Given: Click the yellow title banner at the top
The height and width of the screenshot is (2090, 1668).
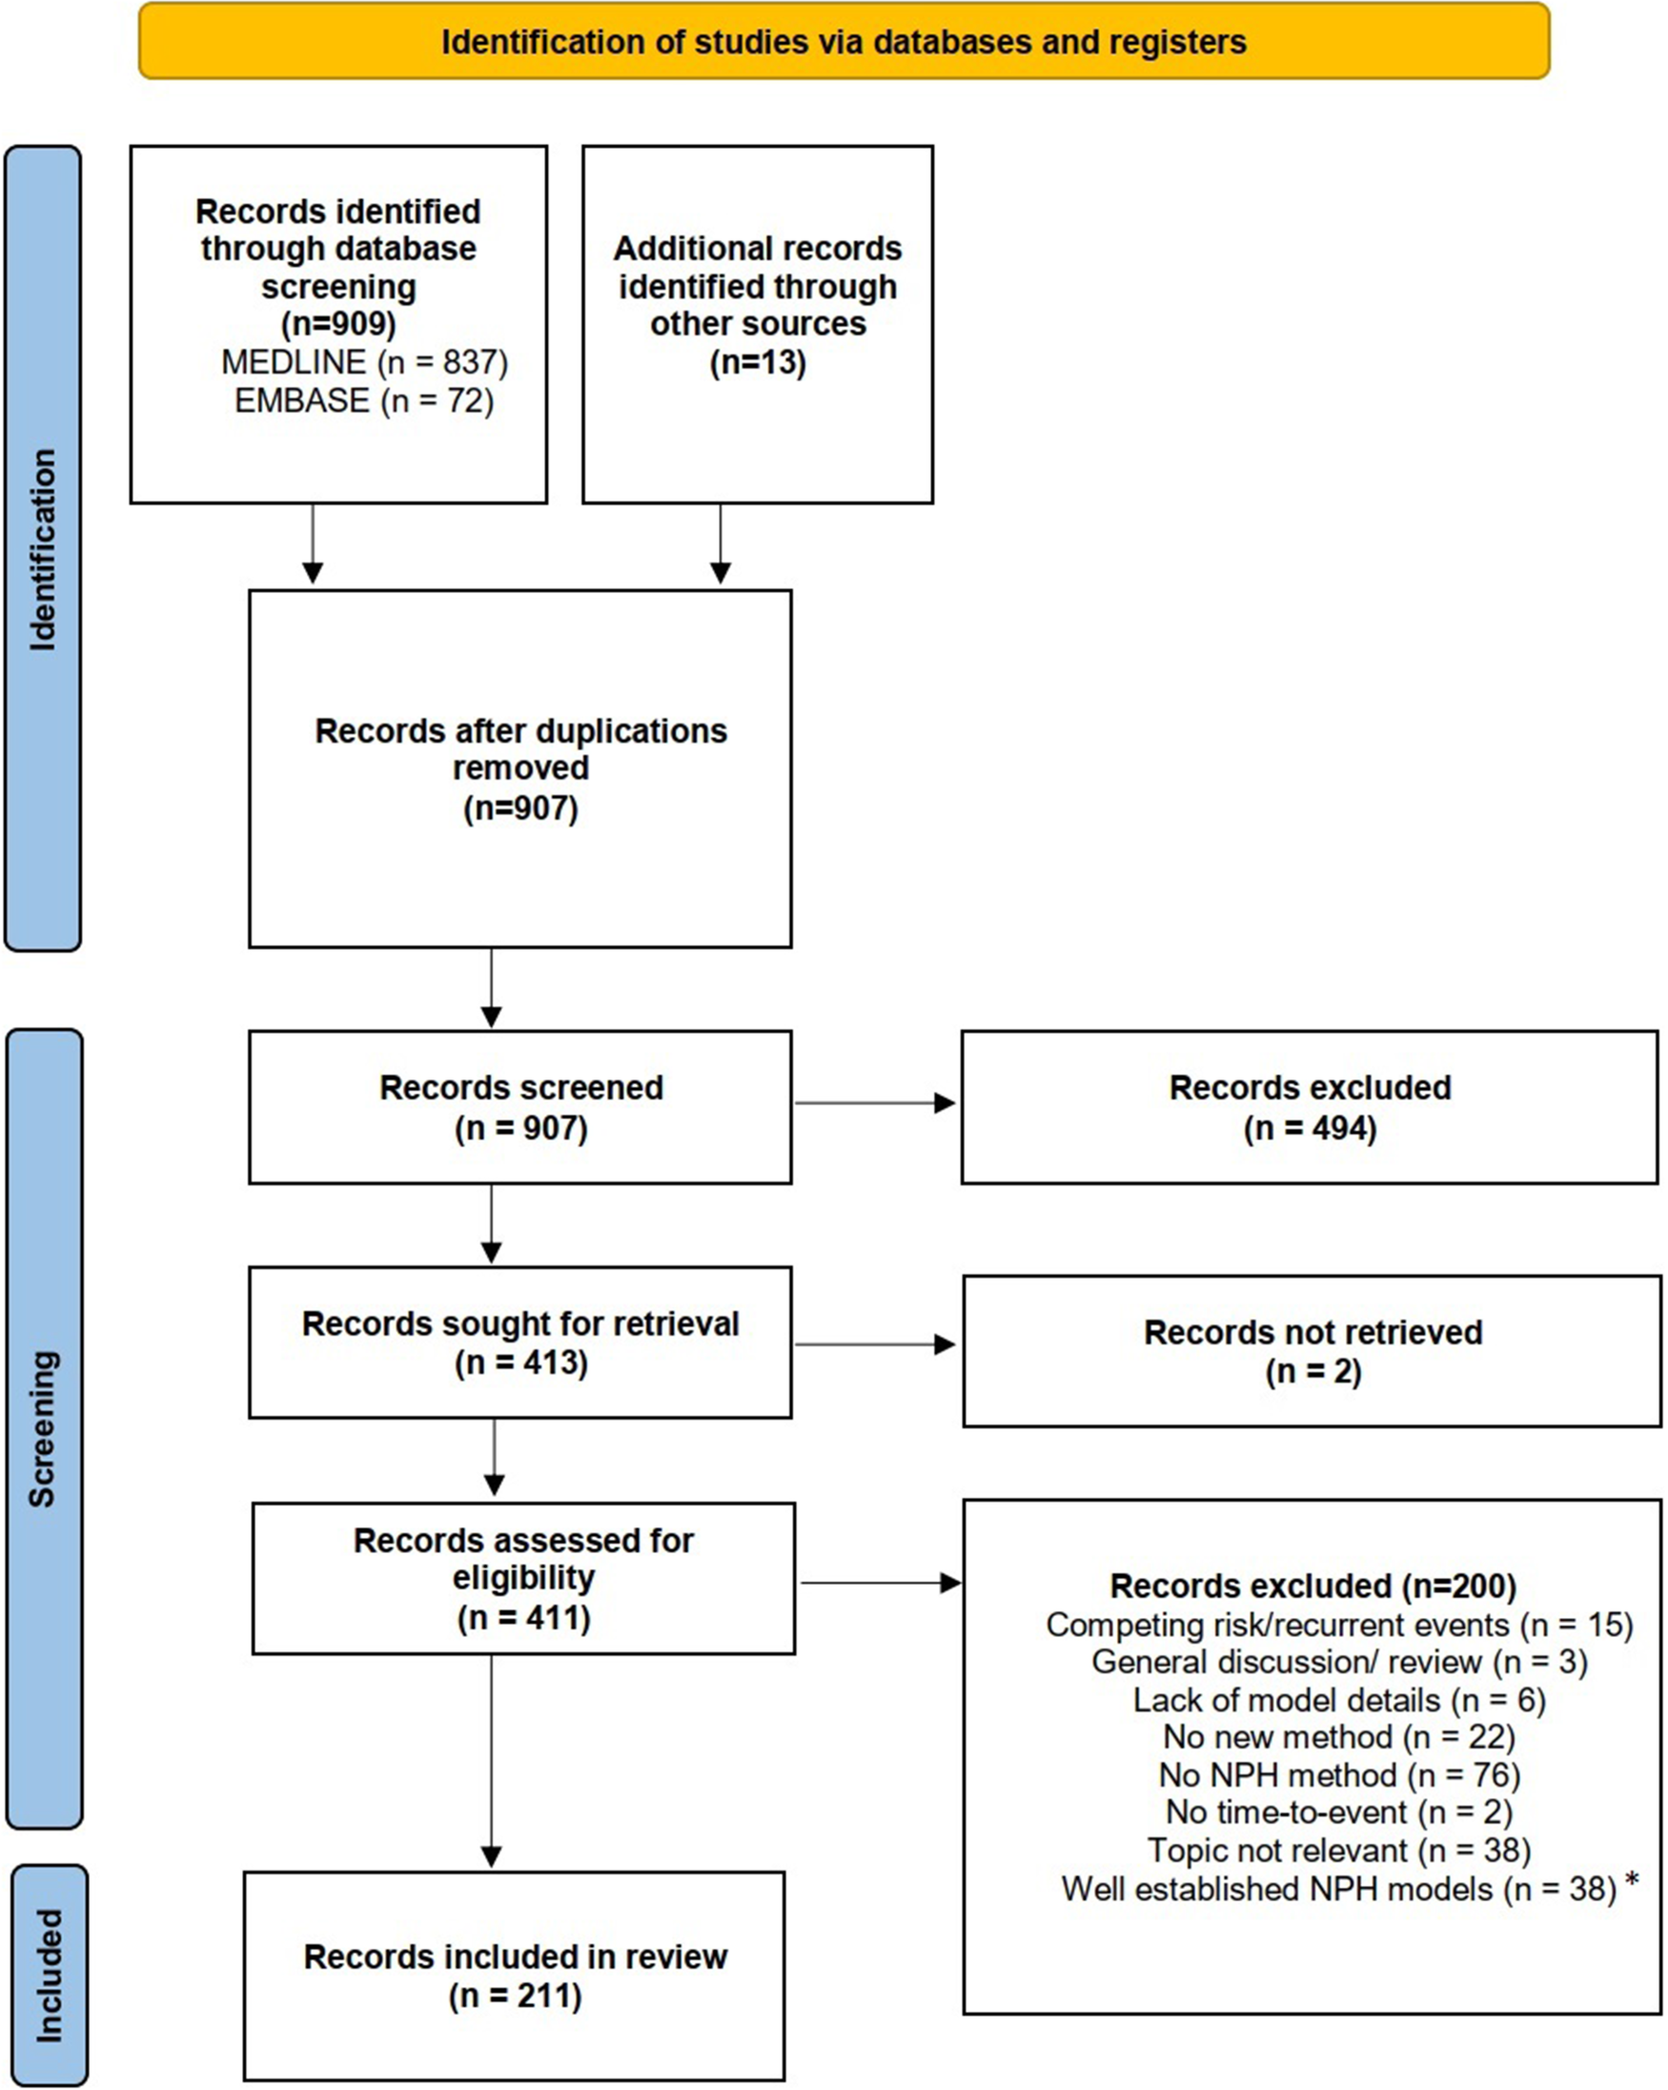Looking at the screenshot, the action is (844, 41).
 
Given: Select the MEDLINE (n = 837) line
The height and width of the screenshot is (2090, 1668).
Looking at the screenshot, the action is (364, 361).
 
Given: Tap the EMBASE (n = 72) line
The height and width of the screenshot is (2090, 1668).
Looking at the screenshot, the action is (364, 400).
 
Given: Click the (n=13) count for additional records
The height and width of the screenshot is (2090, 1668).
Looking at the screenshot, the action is (758, 362).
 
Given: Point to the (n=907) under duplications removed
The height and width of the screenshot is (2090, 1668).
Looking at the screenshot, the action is (520, 808).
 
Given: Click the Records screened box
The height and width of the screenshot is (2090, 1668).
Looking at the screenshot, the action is (520, 1107).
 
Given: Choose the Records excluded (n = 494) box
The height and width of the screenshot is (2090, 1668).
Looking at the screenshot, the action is (1310, 1107).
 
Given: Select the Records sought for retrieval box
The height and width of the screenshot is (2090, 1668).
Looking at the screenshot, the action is (520, 1342).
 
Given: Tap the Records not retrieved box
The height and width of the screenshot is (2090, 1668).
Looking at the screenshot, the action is (1312, 1351).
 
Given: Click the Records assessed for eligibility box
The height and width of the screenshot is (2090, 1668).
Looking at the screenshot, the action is (523, 1578).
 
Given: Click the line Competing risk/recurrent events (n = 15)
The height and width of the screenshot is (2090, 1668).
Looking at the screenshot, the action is (1339, 1625).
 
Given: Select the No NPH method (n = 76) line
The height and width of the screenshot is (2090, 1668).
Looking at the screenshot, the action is (1339, 1775).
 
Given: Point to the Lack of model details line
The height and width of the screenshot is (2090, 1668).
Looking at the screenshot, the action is (1339, 1700).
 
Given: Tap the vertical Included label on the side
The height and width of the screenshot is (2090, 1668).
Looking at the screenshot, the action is (49, 1977).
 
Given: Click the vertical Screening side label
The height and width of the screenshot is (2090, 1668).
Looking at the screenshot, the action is (43, 1429).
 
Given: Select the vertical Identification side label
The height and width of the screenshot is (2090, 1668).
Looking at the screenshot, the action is (43, 549).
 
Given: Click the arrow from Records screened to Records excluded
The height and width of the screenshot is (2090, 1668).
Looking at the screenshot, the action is (875, 1102).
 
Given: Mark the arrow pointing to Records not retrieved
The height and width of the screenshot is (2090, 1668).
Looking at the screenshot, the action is (875, 1344).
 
